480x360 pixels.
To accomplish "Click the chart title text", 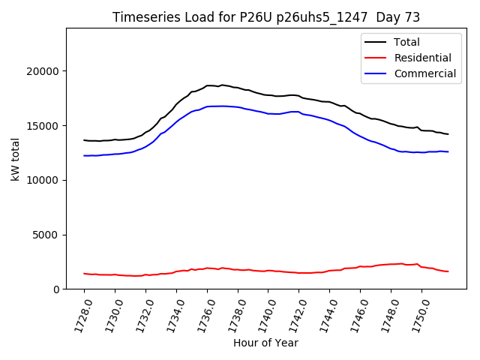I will pos(266,17).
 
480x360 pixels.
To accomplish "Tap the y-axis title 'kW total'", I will pos(16,159).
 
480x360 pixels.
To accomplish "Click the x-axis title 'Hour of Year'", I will pos(265,343).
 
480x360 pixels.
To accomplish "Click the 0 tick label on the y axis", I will pos(57,289).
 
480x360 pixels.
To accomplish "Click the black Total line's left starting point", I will pos(84,140).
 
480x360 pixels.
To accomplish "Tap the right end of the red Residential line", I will pos(448,271).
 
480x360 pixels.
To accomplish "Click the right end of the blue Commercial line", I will pos(448,152).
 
